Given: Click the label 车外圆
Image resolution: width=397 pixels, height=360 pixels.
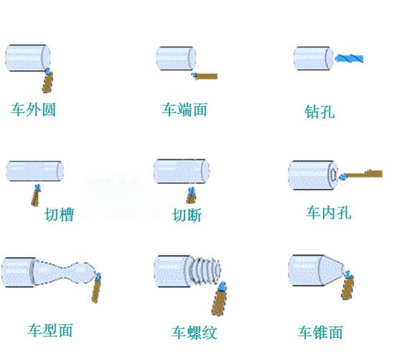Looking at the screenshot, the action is [x=33, y=109].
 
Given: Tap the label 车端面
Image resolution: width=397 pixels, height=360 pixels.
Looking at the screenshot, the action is [x=185, y=109].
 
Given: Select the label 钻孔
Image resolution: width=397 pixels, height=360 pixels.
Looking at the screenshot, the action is [x=319, y=111].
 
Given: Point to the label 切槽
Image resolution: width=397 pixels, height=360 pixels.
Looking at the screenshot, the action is [x=60, y=215].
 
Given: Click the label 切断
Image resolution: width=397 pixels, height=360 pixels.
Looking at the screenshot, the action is [x=187, y=216].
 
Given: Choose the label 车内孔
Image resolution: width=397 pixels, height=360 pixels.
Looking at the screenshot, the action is [x=329, y=212].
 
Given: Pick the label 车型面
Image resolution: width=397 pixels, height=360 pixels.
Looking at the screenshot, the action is [x=50, y=330].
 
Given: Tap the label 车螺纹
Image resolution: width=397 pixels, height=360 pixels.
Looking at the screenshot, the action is [x=195, y=333].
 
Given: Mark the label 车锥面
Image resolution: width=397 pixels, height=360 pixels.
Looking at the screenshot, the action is [x=320, y=332].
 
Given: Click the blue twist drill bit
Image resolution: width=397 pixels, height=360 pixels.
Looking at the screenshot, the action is [x=349, y=58].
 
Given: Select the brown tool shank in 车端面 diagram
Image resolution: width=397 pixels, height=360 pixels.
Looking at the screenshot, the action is [x=207, y=76].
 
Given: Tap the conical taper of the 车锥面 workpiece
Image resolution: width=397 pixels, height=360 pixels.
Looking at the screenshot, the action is [x=332, y=270].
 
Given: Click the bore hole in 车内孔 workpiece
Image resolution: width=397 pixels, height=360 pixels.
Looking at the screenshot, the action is [x=333, y=175].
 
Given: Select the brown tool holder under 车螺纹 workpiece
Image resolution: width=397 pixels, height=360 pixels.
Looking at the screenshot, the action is [x=219, y=303].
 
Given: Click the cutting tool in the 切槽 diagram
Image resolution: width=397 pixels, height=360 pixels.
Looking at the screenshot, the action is [x=36, y=195].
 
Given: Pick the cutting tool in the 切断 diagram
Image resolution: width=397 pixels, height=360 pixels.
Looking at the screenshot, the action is [x=191, y=195].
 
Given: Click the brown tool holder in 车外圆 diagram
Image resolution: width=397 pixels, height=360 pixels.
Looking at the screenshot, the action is [x=47, y=83].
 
